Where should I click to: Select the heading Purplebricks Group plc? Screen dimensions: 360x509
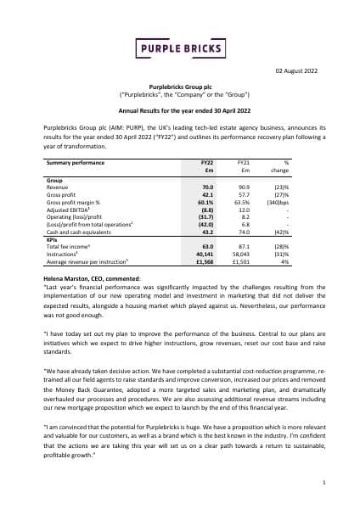point(179,88)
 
